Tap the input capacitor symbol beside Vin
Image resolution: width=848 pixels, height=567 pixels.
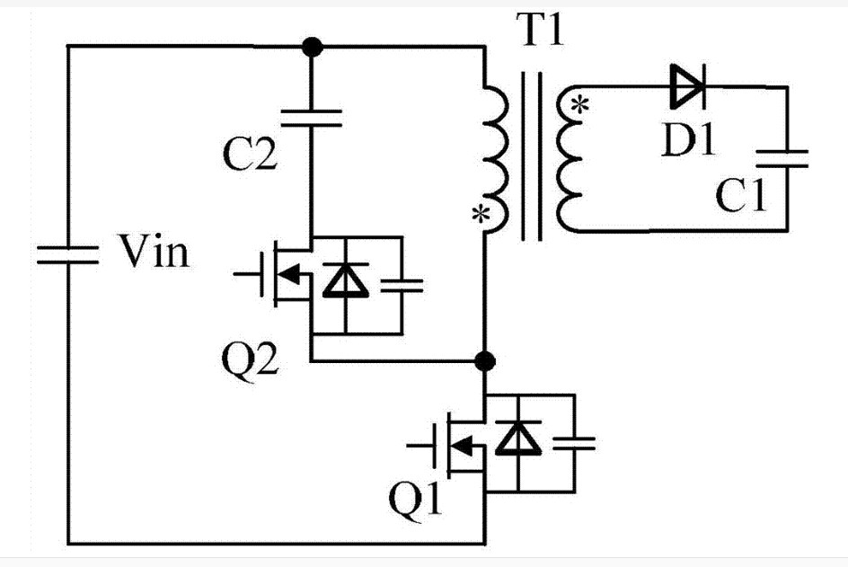point(67,253)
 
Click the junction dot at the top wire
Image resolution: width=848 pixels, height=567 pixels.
point(311,45)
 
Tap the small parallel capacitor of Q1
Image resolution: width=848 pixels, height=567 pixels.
point(574,441)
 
